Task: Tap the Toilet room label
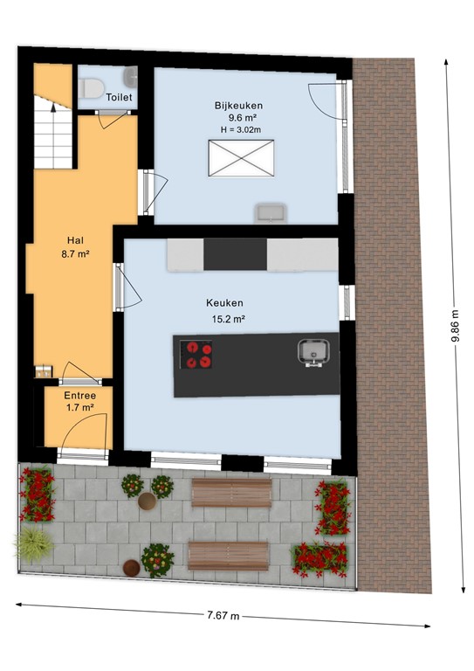tap(120, 98)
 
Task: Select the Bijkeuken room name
tap(238, 106)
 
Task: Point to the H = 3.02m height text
tap(238, 129)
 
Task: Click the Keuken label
tap(224, 303)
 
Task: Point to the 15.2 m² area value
tap(228, 319)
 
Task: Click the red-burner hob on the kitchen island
tap(196, 355)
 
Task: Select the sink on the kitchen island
tap(312, 352)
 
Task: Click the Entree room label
tap(79, 394)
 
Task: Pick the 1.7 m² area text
tap(79, 407)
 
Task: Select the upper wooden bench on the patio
tap(231, 494)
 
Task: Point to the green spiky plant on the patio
tap(33, 543)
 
